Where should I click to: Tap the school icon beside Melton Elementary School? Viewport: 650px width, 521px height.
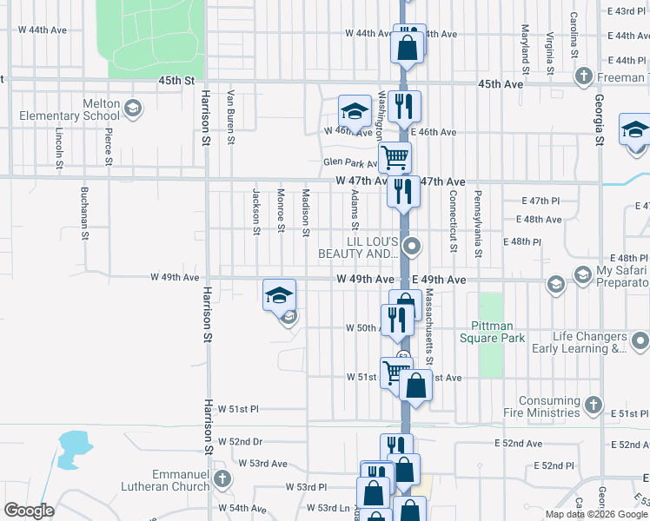(x=133, y=109)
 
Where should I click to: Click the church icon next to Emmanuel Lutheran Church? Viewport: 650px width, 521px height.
(x=223, y=478)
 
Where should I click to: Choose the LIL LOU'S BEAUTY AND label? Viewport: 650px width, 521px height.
(x=359, y=247)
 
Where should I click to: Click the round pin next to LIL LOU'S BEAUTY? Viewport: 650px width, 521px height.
(x=415, y=247)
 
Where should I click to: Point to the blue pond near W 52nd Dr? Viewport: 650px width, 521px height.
(x=74, y=445)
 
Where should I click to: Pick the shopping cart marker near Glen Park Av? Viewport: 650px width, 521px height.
(x=395, y=158)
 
